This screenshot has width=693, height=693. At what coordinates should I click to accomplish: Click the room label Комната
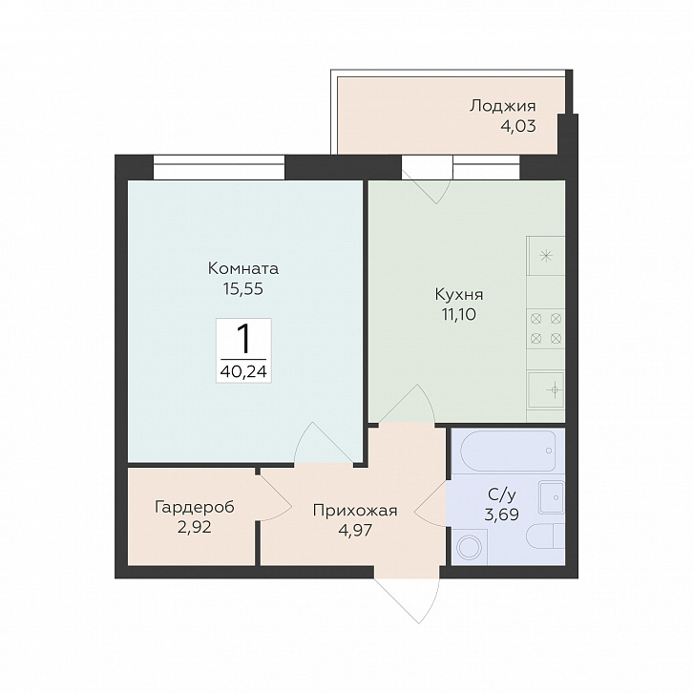pos(243,268)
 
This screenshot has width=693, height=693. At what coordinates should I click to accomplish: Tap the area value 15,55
pos(243,288)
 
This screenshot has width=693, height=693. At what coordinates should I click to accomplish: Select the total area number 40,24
pos(243,371)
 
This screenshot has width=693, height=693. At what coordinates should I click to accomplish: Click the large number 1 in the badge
pos(243,339)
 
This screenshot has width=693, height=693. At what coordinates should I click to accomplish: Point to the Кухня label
pos(459,294)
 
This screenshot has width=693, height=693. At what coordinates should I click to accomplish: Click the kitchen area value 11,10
pos(458,314)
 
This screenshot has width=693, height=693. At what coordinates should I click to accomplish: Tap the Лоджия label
pos(502,106)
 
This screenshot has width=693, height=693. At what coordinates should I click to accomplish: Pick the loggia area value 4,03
pos(518,126)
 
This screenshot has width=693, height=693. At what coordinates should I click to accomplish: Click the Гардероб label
pos(195,508)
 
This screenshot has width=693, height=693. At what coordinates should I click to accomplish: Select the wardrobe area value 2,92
pos(195,527)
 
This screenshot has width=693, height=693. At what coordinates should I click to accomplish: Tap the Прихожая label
pos(355,511)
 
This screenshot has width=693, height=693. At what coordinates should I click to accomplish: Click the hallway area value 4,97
pos(355,530)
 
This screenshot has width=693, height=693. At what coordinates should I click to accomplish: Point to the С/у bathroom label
pos(502,495)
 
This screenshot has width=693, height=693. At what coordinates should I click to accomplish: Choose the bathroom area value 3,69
pos(502,514)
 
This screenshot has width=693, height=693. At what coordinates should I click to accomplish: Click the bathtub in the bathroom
pos(508,451)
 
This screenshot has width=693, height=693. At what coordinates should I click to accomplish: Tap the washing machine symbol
pos(468,548)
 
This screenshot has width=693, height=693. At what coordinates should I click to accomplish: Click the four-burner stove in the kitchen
pos(546,328)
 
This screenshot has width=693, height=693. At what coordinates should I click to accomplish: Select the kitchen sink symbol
pos(546,389)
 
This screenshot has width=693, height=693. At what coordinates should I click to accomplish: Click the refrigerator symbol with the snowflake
pos(546,256)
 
